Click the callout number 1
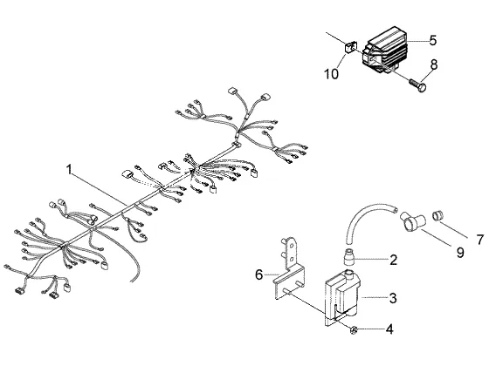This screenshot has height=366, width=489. [x=69, y=170]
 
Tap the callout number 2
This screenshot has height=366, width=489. [x=394, y=260]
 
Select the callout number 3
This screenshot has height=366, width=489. [x=393, y=298]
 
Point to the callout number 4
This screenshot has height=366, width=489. [x=389, y=329]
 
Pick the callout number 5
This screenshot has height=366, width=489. [x=433, y=40]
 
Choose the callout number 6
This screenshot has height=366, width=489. [x=259, y=274]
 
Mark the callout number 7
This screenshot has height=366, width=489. [x=480, y=240]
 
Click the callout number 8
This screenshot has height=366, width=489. [x=434, y=64]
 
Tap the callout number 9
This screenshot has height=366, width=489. [x=460, y=253]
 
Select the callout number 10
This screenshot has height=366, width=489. [x=331, y=74]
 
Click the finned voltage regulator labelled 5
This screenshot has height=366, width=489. [x=385, y=50]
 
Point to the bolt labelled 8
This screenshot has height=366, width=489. [x=418, y=86]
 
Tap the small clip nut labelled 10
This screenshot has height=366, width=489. [x=349, y=48]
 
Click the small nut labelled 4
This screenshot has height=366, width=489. [x=353, y=330]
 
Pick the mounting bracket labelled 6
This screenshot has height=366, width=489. [x=290, y=271]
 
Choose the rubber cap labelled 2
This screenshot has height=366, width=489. [x=349, y=255]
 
